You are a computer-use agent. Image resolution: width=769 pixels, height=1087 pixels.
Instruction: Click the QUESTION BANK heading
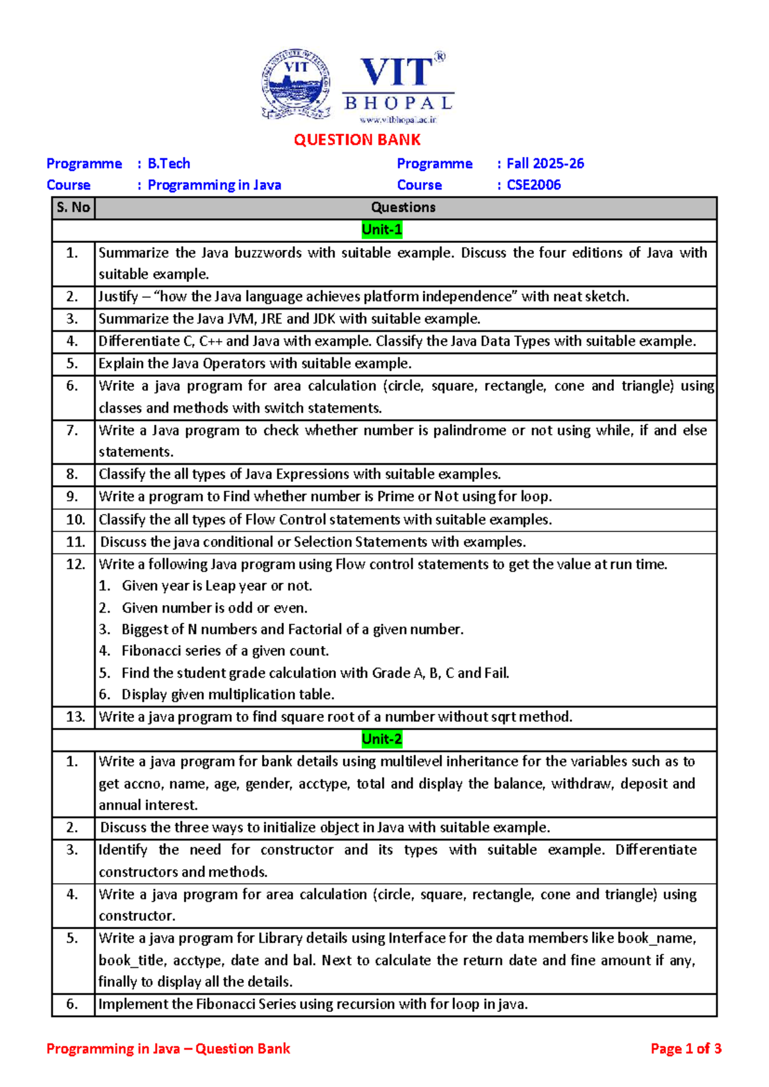click(357, 140)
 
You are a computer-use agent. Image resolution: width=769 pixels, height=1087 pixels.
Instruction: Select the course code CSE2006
click(533, 185)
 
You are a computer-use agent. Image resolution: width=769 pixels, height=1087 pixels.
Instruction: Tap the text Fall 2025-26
click(545, 163)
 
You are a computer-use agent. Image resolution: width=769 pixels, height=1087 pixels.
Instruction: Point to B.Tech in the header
click(169, 163)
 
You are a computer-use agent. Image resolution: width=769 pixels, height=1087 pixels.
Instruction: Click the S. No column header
click(73, 208)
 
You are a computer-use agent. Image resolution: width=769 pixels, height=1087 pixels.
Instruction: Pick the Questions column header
click(403, 208)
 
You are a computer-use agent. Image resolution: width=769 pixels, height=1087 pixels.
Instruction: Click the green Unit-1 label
click(382, 229)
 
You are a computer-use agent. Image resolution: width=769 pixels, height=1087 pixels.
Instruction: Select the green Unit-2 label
click(382, 739)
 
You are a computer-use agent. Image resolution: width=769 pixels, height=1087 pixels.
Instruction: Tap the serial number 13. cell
click(75, 717)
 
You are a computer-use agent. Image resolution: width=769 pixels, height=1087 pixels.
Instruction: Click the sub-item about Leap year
click(217, 586)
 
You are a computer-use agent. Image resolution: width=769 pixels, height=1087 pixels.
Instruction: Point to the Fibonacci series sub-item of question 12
click(225, 651)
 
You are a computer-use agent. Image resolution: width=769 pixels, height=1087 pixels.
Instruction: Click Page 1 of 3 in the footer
click(686, 1049)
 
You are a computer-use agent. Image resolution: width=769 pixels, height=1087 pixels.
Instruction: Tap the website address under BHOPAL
click(398, 120)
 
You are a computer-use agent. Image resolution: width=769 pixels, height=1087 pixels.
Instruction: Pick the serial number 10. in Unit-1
click(75, 520)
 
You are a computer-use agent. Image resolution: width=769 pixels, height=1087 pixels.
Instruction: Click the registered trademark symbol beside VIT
click(440, 57)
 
